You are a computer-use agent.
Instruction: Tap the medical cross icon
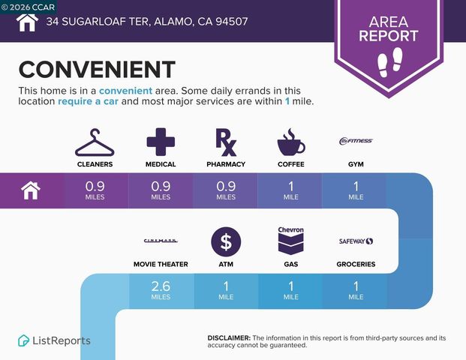tap(161, 142)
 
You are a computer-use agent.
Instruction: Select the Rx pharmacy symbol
tap(225, 142)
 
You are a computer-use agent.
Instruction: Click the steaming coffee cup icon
tap(290, 142)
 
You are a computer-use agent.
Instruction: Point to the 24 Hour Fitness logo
tap(356, 140)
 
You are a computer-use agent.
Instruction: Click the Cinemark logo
tap(161, 241)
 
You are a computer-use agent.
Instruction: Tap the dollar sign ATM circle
tap(225, 241)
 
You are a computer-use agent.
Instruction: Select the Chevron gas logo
tap(290, 240)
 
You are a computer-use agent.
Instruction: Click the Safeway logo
tap(356, 241)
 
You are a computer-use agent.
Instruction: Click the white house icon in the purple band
tap(31, 190)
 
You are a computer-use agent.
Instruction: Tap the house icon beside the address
tap(26, 22)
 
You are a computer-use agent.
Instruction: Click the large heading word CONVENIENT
tap(97, 70)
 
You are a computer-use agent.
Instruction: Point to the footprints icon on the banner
tap(389, 60)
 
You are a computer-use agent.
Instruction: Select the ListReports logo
tap(54, 340)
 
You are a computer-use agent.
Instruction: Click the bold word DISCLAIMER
tap(228, 338)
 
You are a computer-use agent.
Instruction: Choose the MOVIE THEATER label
tap(161, 264)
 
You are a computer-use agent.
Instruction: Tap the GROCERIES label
tap(356, 264)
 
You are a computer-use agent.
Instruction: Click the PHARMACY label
tap(225, 163)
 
